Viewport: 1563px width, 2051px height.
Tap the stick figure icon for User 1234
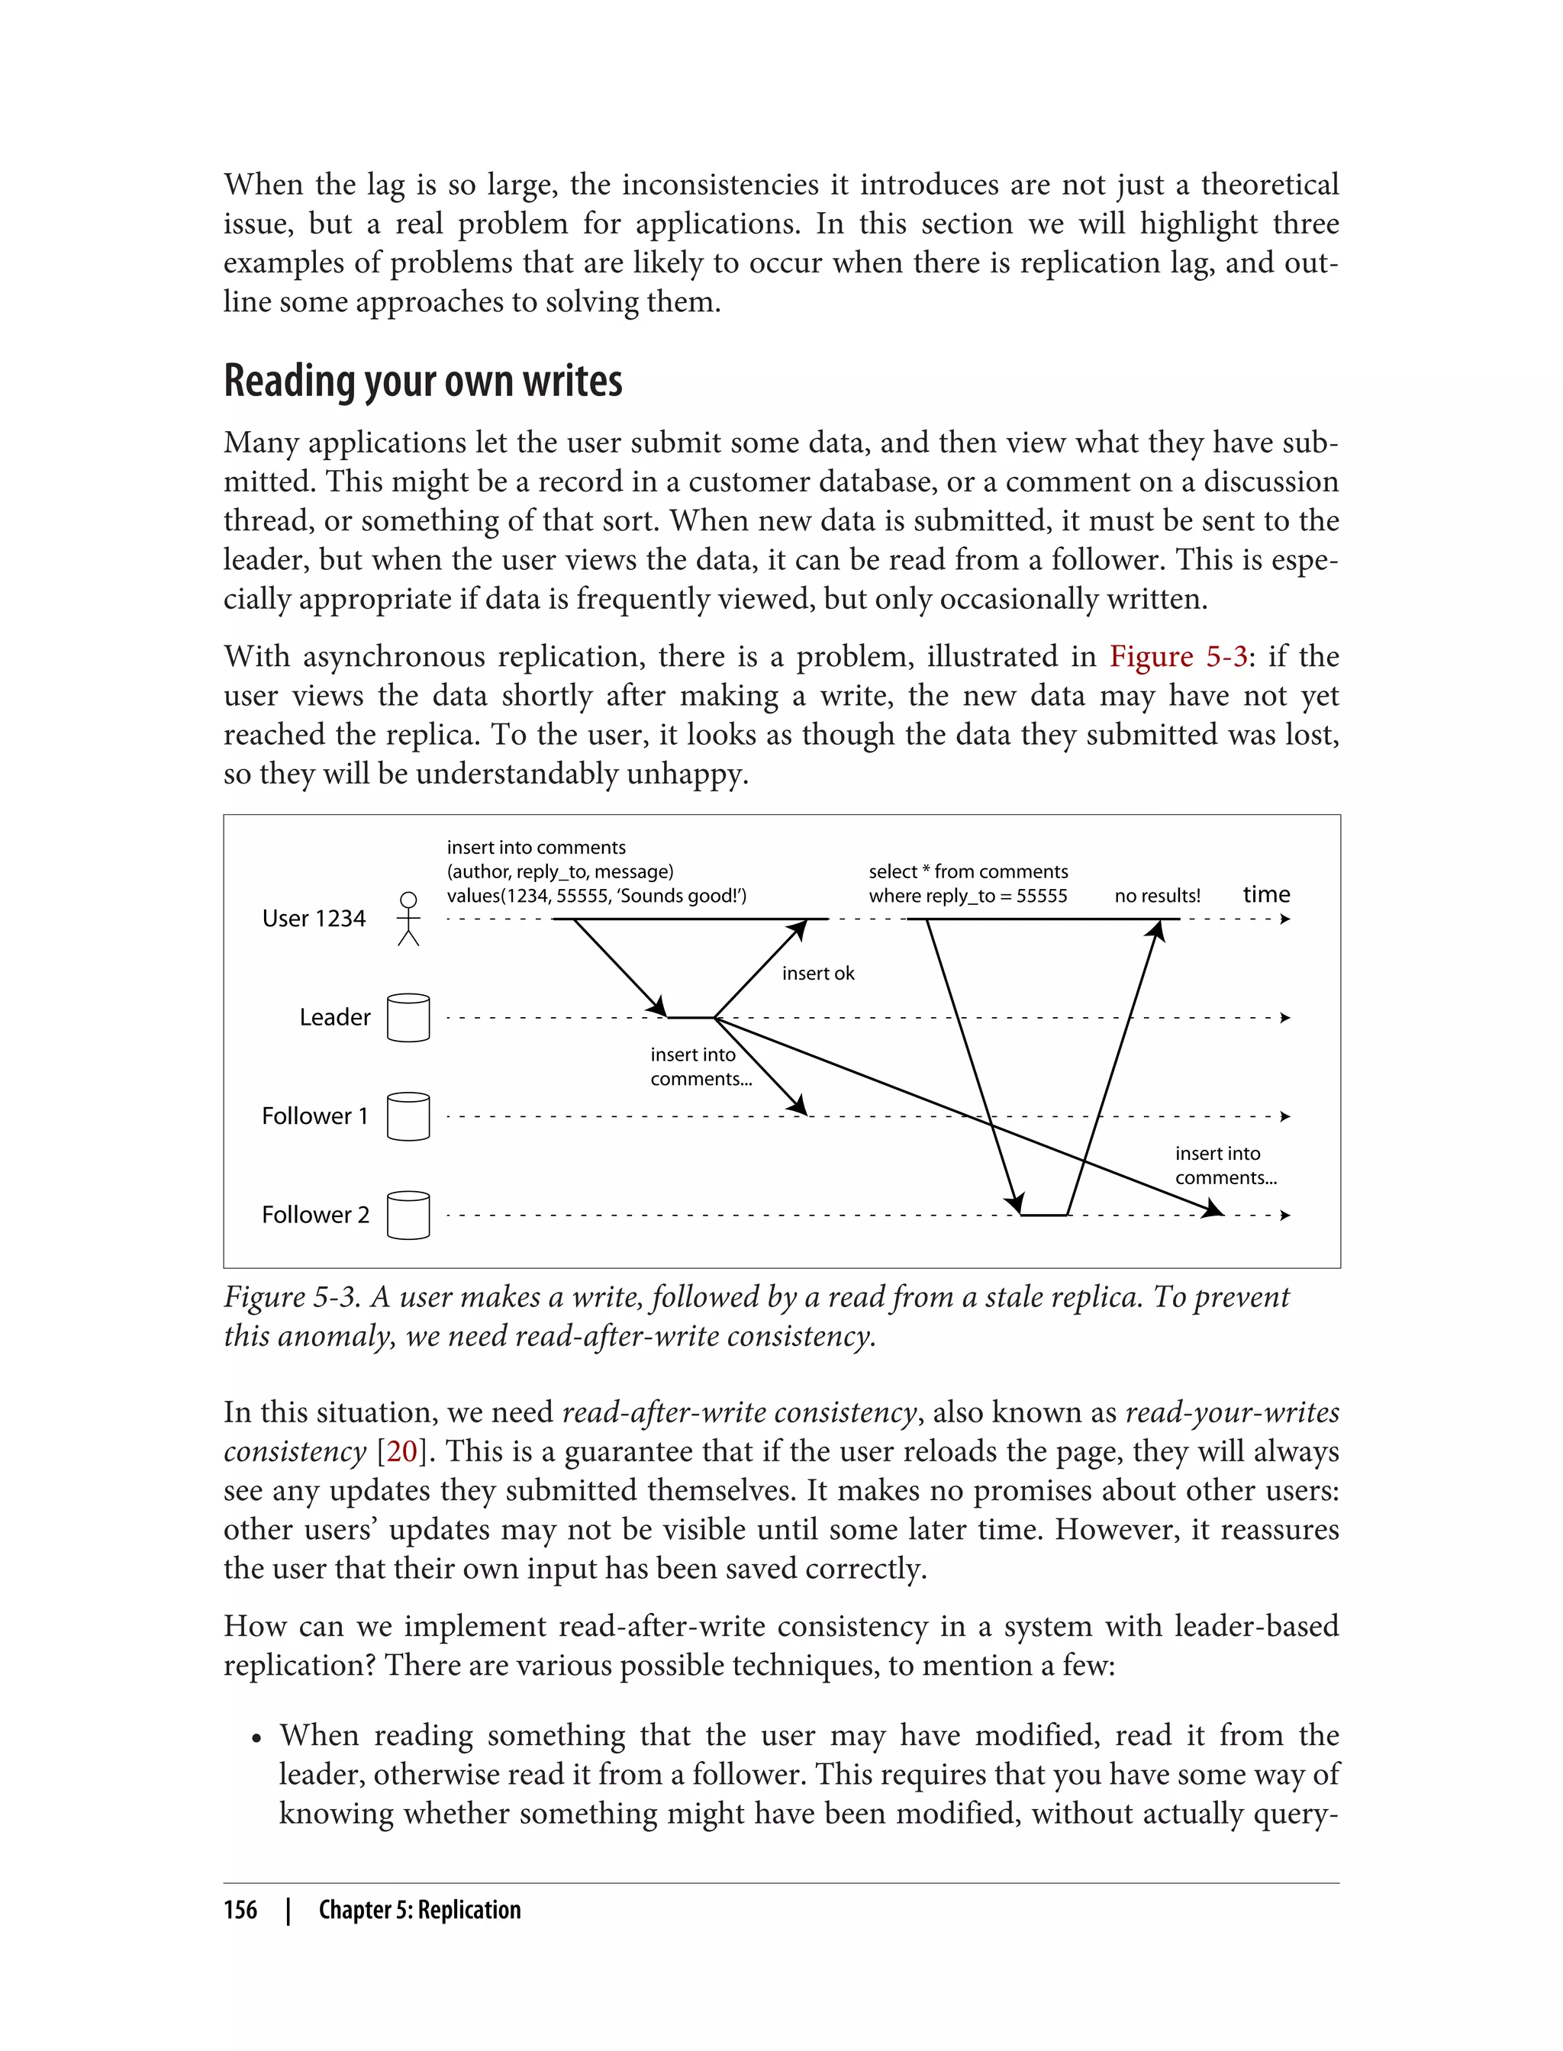(x=408, y=918)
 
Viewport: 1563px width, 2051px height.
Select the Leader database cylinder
(x=408, y=1018)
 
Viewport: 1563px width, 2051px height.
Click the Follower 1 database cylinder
(x=408, y=1116)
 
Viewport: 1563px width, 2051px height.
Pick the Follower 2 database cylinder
(x=408, y=1215)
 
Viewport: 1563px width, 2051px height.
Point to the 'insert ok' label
(x=818, y=973)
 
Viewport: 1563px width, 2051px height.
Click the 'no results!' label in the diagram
(x=1157, y=896)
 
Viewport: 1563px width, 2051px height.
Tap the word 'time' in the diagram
(x=1266, y=894)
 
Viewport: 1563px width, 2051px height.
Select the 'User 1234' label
(x=314, y=918)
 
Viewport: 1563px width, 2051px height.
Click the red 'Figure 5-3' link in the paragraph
(x=1177, y=657)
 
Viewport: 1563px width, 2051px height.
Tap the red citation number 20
(x=402, y=1451)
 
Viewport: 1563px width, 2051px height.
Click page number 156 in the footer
(x=240, y=1910)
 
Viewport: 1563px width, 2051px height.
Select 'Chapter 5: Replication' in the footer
(x=420, y=1910)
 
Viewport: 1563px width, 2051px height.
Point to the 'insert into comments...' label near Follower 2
(x=1224, y=1165)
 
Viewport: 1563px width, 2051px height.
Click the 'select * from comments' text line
(x=968, y=871)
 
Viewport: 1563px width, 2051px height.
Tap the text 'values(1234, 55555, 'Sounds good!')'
(x=596, y=896)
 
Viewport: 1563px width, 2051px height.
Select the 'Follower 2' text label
(x=315, y=1215)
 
